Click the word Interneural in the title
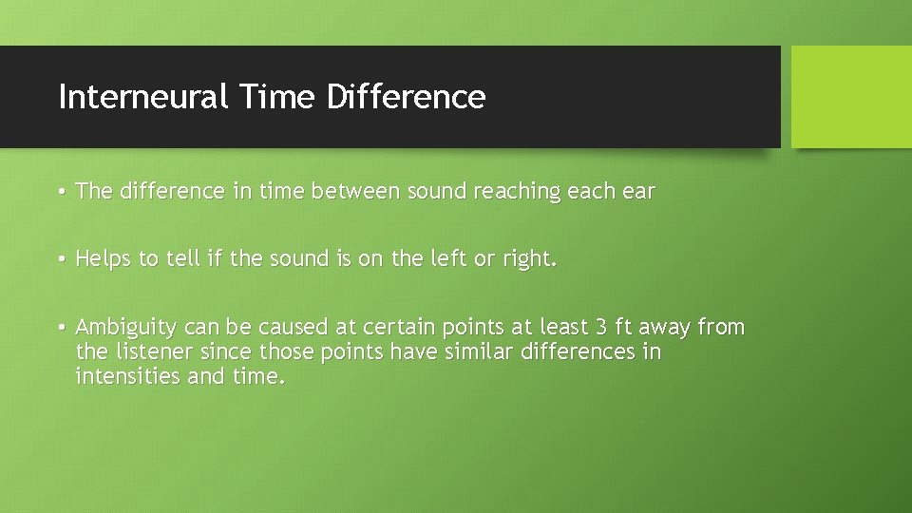coord(142,97)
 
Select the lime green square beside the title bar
coord(851,97)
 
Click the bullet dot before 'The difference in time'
coord(60,192)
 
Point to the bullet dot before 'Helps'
coord(60,259)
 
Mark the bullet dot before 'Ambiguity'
coord(60,329)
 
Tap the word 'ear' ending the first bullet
coord(638,192)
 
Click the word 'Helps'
coord(104,258)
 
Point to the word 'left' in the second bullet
coord(431,258)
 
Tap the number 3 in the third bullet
coord(600,328)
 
